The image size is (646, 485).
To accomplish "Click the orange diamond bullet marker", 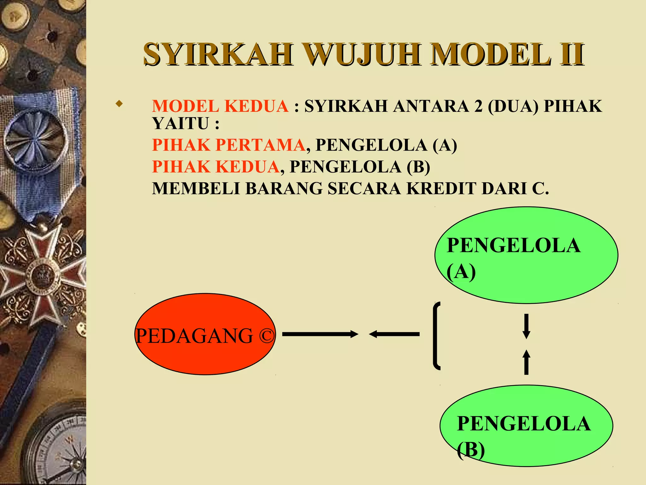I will click(x=119, y=103).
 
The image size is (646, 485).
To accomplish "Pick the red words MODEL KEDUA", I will click(x=220, y=106).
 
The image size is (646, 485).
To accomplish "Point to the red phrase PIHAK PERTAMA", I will click(x=229, y=145).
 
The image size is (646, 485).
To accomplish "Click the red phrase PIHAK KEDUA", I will click(x=216, y=167).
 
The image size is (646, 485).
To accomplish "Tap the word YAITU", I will click(x=180, y=123).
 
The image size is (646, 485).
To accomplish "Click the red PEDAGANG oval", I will click(x=205, y=334).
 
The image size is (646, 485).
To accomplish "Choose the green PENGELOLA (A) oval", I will click(x=526, y=255).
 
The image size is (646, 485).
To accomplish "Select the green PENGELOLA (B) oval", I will click(x=526, y=426).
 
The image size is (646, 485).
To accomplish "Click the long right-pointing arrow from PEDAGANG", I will click(x=320, y=334).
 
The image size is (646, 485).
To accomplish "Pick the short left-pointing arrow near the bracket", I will click(x=394, y=334).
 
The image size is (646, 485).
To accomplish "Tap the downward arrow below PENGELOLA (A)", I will click(x=526, y=326).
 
